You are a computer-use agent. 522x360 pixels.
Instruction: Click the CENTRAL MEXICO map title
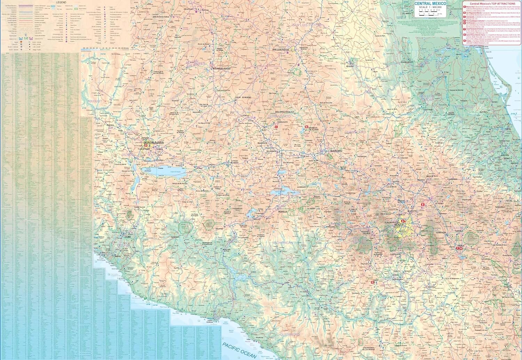tap(430, 3)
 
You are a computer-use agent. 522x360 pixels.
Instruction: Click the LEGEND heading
tap(61, 2)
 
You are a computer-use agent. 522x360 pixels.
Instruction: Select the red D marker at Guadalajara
tap(146, 146)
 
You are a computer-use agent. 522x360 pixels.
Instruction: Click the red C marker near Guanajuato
tap(276, 127)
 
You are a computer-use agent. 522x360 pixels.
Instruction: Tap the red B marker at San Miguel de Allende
tap(307, 127)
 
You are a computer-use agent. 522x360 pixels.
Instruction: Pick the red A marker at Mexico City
tap(403, 221)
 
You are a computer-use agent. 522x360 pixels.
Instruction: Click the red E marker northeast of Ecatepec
tap(422, 205)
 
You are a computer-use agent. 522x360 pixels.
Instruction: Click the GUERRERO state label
tap(290, 334)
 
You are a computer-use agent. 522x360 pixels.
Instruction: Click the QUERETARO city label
tap(336, 151)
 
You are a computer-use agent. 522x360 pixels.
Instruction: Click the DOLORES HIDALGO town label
tap(285, 112)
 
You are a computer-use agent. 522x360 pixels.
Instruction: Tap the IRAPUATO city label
tap(262, 143)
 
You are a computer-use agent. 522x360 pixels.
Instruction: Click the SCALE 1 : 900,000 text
tap(429, 7)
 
